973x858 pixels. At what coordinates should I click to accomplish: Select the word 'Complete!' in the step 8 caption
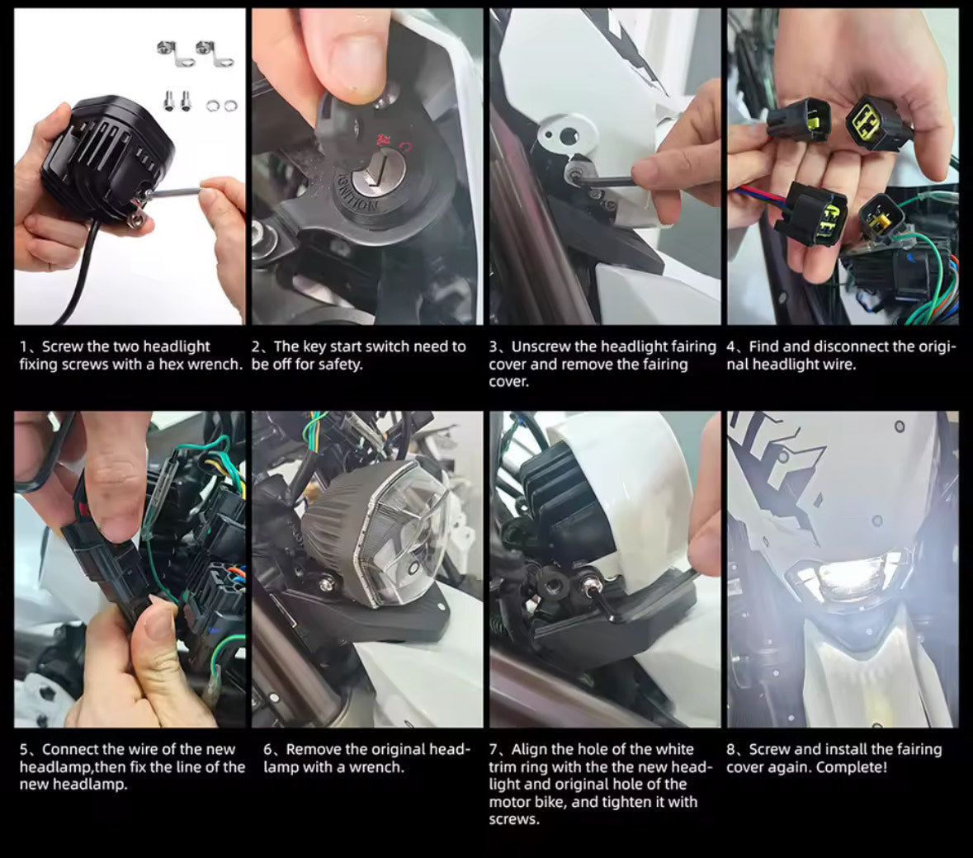[852, 767]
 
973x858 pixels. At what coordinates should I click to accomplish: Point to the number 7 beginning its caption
[494, 749]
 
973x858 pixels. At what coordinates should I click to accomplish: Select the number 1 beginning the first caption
[23, 346]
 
